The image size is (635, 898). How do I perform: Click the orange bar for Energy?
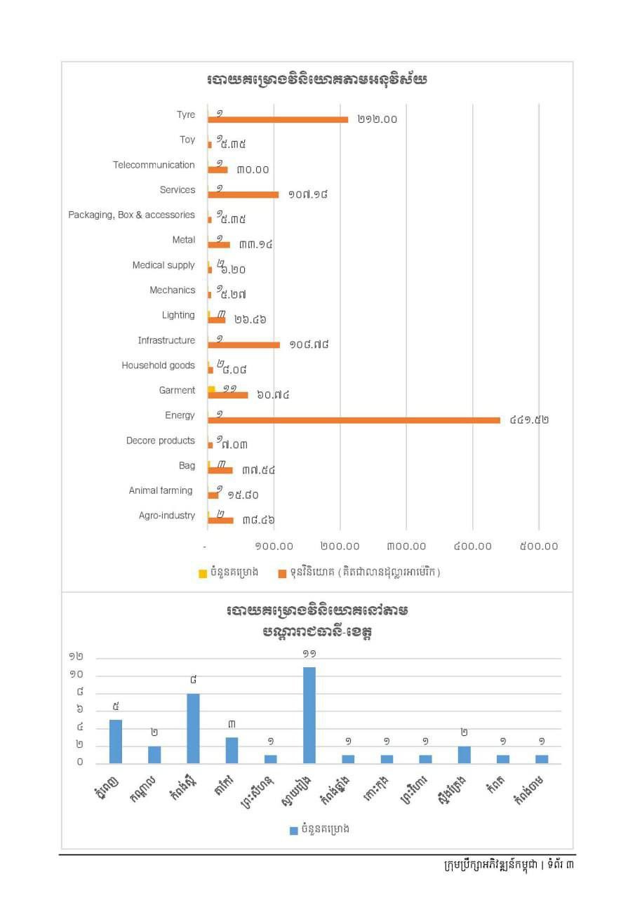[354, 420]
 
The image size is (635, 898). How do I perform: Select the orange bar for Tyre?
[278, 119]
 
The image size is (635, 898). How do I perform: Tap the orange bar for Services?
[243, 194]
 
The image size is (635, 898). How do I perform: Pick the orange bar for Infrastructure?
[243, 344]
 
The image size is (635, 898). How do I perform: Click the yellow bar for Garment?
[211, 389]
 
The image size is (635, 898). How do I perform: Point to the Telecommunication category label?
[154, 165]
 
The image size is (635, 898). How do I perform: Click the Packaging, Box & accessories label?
[131, 215]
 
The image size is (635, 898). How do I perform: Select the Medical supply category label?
[163, 265]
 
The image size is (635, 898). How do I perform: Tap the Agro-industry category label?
[167, 516]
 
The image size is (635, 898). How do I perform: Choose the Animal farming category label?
[161, 490]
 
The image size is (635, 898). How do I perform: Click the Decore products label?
[160, 441]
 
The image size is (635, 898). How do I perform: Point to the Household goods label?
[158, 366]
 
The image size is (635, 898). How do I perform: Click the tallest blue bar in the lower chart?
[309, 715]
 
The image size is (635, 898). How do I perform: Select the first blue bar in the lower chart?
[116, 742]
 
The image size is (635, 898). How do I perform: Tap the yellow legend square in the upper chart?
[203, 572]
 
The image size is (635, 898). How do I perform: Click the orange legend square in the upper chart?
[283, 572]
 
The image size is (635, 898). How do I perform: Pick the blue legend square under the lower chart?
[294, 830]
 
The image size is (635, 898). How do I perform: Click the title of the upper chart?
[317, 80]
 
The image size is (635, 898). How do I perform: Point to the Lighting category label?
[178, 315]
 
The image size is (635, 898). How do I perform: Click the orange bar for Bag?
[220, 470]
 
